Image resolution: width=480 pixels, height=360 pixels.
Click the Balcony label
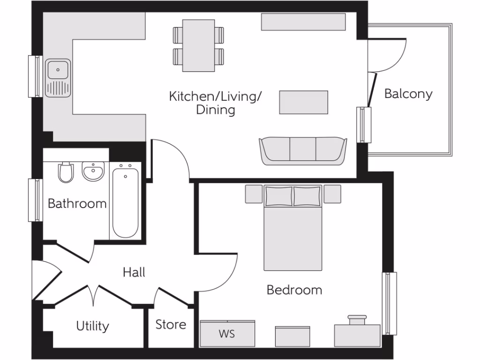tap(408, 94)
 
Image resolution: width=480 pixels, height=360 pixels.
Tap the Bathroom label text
tap(77, 204)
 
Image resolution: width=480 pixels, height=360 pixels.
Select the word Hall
tap(134, 272)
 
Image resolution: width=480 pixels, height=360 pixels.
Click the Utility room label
tap(93, 326)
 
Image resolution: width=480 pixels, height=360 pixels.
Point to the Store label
tap(171, 324)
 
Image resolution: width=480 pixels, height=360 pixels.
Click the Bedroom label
tap(294, 290)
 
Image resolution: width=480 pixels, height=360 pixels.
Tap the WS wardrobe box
tap(227, 334)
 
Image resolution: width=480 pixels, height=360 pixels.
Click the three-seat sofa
tap(303, 150)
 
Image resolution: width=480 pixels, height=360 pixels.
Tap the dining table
tap(198, 45)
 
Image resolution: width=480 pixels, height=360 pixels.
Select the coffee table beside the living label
tap(304, 102)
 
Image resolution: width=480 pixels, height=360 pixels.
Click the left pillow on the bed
tap(278, 196)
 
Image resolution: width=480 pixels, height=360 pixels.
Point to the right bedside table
tap(332, 194)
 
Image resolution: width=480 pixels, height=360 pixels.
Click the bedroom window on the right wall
tap(390, 303)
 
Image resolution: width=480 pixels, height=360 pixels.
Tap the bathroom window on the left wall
tap(35, 200)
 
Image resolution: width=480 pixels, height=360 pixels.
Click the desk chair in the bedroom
tap(357, 320)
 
